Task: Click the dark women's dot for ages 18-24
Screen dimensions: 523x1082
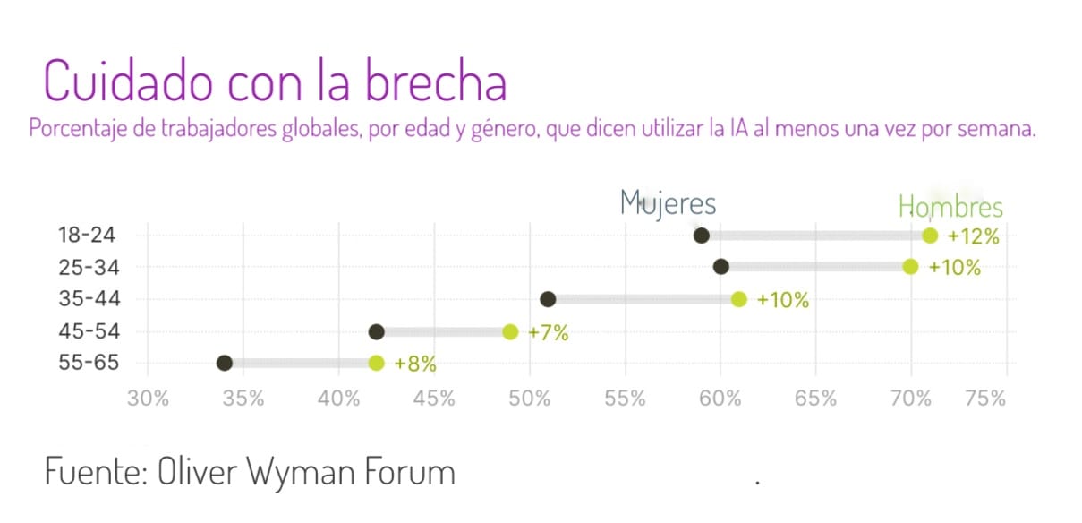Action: click(702, 236)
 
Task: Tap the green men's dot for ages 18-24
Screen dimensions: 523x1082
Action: click(930, 236)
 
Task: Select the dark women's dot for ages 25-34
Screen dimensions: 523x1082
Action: click(720, 267)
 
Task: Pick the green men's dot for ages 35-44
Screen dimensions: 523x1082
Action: click(739, 299)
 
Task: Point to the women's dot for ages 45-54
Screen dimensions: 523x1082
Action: click(377, 332)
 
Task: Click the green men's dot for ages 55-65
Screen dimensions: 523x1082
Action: click(376, 364)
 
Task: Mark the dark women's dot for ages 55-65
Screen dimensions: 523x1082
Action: click(225, 364)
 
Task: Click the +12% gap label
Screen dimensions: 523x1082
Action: click(973, 237)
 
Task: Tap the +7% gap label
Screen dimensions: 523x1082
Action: click(548, 333)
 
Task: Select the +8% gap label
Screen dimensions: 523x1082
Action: click(414, 364)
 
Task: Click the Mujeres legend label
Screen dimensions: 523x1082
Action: click(668, 203)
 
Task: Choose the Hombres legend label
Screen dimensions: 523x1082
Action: click(950, 207)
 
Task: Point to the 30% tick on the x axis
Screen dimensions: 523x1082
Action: click(149, 399)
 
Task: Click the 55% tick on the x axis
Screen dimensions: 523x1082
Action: click(625, 399)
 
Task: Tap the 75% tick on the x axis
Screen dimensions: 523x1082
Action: click(986, 399)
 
